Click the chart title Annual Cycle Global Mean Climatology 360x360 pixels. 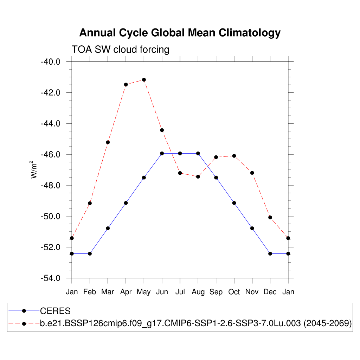pyautogui.click(x=180, y=33)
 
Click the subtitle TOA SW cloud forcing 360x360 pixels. pyautogui.click(x=120, y=49)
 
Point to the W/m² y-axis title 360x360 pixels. pyautogui.click(x=34, y=169)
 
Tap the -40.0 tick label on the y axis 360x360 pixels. pyautogui.click(x=51, y=62)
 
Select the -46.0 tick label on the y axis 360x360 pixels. pyautogui.click(x=51, y=155)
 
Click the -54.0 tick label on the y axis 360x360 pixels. pyautogui.click(x=51, y=278)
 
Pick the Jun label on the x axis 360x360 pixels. pyautogui.click(x=162, y=292)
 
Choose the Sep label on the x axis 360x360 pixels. pyautogui.click(x=216, y=292)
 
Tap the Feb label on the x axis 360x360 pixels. pyautogui.click(x=90, y=292)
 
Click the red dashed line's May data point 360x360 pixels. pyautogui.click(x=144, y=80)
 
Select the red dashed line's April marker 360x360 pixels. pyautogui.click(x=126, y=84)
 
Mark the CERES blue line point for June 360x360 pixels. pyautogui.click(x=162, y=153)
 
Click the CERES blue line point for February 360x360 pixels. pyautogui.click(x=90, y=253)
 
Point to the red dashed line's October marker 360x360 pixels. pyautogui.click(x=234, y=156)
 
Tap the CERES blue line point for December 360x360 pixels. pyautogui.click(x=270, y=253)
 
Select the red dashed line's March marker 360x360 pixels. pyautogui.click(x=108, y=142)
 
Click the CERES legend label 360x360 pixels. pyautogui.click(x=56, y=311)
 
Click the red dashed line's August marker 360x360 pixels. pyautogui.click(x=198, y=176)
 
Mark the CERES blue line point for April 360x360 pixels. pyautogui.click(x=126, y=203)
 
